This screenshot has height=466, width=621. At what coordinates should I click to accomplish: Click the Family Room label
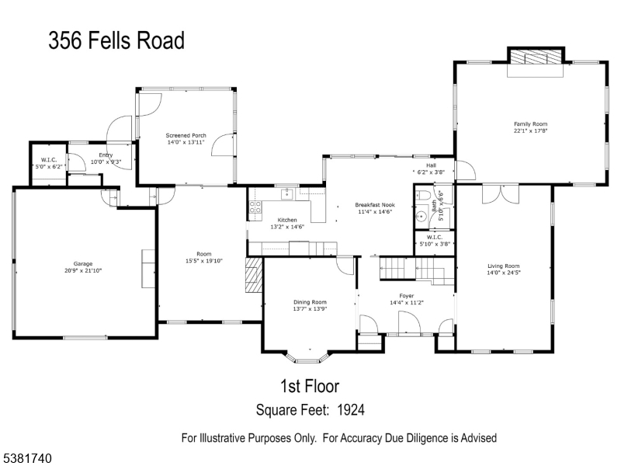click(530, 124)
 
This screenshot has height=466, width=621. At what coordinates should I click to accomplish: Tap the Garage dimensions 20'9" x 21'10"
click(83, 270)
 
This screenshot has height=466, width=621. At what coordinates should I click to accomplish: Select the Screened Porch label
click(186, 135)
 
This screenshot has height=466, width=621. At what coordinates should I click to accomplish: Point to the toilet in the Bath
click(423, 196)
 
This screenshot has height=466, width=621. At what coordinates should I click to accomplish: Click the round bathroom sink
click(422, 217)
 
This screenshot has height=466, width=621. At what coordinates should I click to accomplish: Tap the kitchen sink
click(286, 194)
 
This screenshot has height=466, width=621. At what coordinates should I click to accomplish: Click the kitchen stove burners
click(255, 207)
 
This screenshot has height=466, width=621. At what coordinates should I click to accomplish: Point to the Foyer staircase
click(417, 270)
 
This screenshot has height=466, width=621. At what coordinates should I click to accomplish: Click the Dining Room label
click(310, 302)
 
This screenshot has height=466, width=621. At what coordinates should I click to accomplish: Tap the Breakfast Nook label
click(375, 205)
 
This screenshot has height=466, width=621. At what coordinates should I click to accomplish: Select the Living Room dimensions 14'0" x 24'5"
click(503, 273)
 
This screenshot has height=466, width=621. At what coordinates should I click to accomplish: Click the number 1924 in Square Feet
click(351, 410)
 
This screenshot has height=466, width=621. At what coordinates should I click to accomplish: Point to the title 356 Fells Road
click(116, 40)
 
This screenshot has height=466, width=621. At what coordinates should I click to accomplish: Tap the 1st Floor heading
click(310, 386)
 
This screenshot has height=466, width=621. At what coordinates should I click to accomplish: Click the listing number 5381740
click(26, 458)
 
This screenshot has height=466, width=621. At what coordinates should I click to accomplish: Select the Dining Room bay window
click(307, 356)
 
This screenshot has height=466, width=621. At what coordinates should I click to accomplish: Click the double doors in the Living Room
click(501, 194)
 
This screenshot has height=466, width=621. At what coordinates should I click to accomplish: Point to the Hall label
click(432, 165)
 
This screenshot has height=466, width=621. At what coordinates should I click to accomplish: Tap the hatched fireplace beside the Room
click(254, 275)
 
